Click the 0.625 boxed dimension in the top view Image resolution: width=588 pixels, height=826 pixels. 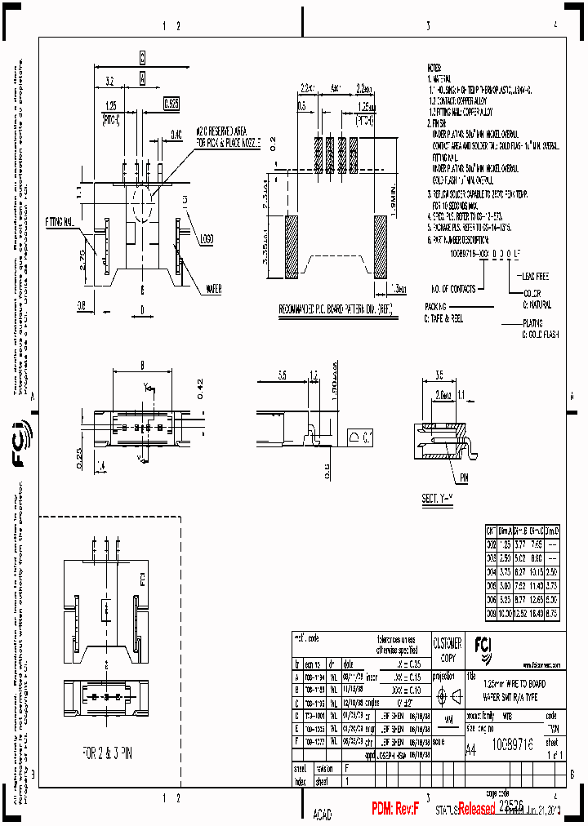point(171,104)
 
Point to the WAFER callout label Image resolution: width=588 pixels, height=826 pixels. point(213,287)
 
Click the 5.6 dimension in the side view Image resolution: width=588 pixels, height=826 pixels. point(282,376)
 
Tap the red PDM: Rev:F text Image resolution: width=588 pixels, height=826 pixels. point(394,809)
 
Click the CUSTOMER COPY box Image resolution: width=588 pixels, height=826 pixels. point(446,648)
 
